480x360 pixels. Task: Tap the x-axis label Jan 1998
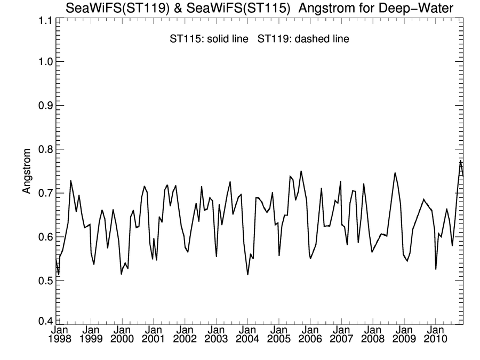pos(59,335)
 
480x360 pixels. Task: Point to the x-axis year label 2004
pos(247,340)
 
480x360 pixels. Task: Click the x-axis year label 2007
pos(341,340)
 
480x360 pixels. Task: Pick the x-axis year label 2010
pos(435,340)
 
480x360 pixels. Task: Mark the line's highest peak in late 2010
pos(460,161)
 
